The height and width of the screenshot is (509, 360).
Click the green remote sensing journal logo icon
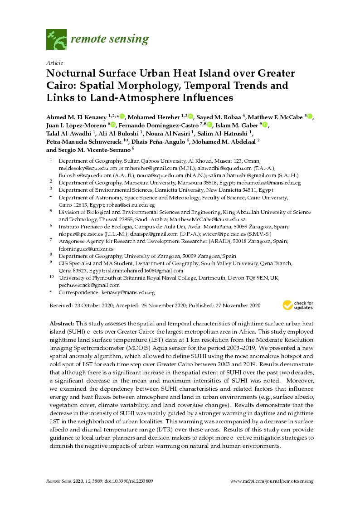[x=57, y=39]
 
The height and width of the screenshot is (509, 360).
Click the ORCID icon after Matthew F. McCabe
[x=310, y=116]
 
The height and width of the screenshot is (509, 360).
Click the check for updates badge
[x=297, y=305]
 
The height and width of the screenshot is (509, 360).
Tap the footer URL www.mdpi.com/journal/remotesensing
[x=272, y=481]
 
